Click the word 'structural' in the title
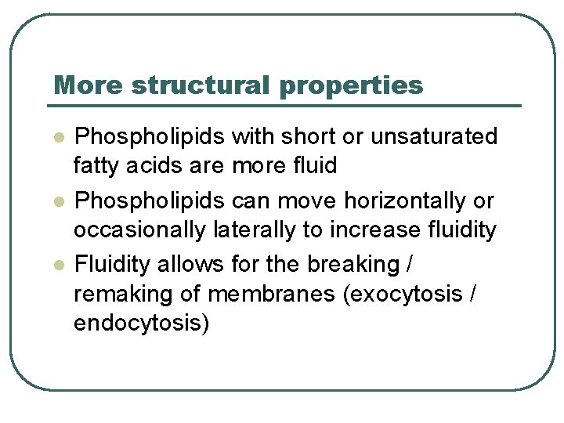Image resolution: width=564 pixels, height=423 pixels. click(199, 85)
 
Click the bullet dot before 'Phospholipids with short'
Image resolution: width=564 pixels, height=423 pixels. click(57, 137)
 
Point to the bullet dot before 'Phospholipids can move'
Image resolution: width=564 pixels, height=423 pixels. click(57, 201)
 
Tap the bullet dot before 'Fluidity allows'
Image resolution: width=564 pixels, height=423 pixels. click(57, 266)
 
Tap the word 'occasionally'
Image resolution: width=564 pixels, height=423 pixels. click(140, 230)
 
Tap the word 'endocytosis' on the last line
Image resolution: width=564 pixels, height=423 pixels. click(141, 323)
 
